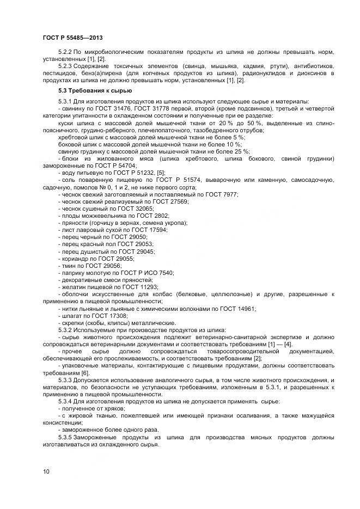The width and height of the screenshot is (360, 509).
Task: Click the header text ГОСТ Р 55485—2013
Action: point(73,38)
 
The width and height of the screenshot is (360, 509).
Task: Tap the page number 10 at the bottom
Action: point(46,471)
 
